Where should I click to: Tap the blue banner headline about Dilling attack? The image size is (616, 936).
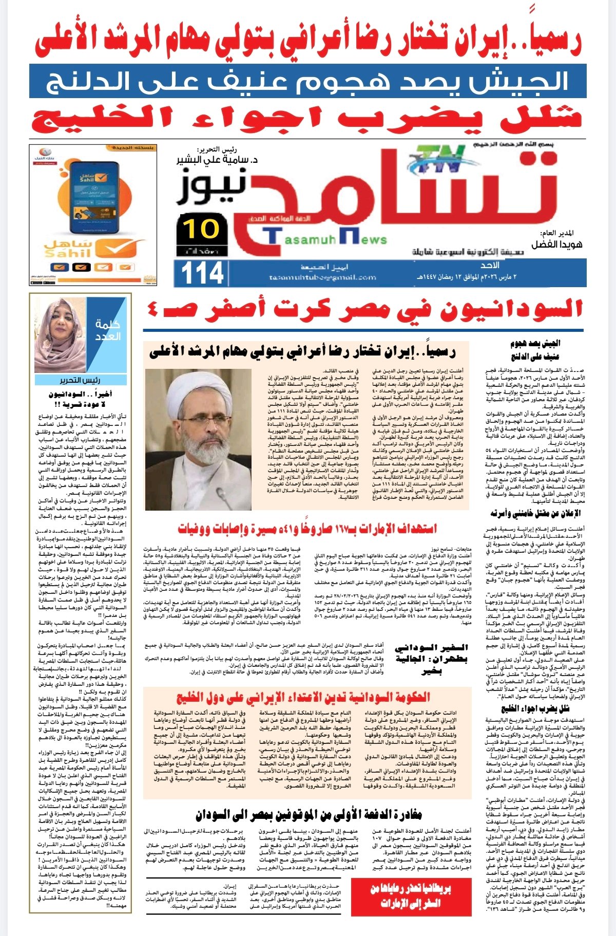(x=308, y=81)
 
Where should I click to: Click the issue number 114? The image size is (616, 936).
(x=202, y=273)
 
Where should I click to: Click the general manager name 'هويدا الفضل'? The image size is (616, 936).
(x=556, y=245)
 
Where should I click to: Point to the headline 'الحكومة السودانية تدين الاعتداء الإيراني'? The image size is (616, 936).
(x=303, y=697)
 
